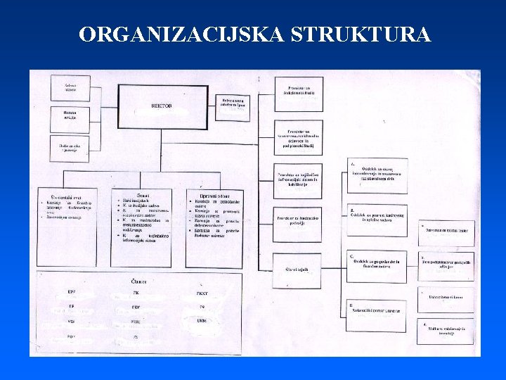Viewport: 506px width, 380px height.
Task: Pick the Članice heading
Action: (x=138, y=281)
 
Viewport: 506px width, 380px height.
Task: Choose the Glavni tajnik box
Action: (x=298, y=269)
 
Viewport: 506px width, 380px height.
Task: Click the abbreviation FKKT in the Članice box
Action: (x=201, y=292)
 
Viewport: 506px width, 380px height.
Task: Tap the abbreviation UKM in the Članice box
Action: (x=202, y=321)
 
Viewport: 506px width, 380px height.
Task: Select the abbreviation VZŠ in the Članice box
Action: (x=72, y=321)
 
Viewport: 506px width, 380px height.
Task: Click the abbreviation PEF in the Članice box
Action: (x=136, y=307)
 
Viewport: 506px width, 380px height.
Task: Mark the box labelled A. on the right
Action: (x=377, y=176)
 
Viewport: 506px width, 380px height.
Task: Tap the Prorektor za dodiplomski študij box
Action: (x=298, y=94)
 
